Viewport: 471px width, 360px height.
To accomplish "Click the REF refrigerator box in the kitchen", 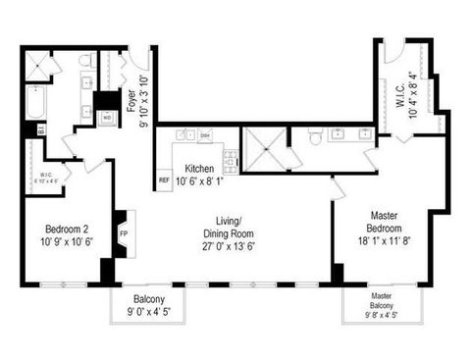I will pos(164,180).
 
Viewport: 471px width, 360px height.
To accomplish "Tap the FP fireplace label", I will pos(124,234).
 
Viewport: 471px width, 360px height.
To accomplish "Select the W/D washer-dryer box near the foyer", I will pos(107,117).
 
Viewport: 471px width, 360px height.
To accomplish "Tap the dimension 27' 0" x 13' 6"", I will pos(229,247).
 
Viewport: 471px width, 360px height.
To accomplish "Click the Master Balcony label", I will pos(382,299).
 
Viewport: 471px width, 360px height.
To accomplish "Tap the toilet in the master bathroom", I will pos(315,139).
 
